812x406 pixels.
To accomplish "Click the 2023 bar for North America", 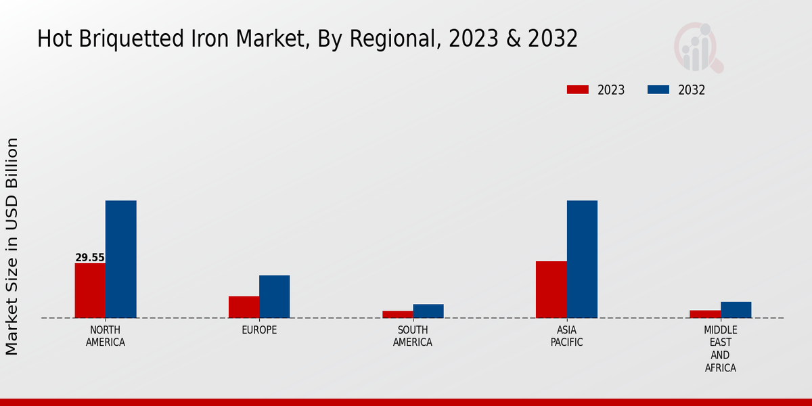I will [90, 290].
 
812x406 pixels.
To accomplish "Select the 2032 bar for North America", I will [120, 259].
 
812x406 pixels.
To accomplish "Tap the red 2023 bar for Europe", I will [244, 307].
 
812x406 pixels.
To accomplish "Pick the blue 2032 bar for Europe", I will [274, 296].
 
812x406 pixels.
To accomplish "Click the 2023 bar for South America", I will [397, 314].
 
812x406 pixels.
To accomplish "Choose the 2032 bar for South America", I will [428, 311].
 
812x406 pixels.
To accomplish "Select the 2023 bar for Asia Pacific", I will [551, 290].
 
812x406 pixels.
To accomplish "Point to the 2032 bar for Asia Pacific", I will [582, 259].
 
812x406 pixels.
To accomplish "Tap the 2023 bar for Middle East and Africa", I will [705, 314].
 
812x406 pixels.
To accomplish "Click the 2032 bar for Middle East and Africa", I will [736, 309].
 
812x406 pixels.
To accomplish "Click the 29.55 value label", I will [90, 258].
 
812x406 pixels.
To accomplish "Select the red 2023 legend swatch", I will [578, 90].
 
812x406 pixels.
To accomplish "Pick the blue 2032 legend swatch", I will [658, 90].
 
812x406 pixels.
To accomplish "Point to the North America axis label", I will [106, 336].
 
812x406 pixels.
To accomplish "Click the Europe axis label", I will [259, 330].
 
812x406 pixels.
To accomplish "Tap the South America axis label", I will [413, 336].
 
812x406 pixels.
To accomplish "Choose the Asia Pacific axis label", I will [566, 336].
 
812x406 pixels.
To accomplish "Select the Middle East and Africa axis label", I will [720, 349].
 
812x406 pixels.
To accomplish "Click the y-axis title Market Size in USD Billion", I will [12, 246].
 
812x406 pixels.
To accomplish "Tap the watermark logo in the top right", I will [698, 47].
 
